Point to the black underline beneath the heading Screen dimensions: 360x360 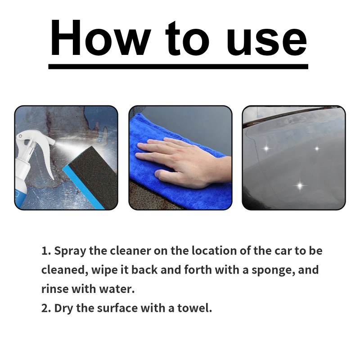coord(178,66)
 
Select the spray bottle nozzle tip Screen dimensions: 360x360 coord(53,142)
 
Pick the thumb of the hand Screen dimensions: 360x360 coord(166,173)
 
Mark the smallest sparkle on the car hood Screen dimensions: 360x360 coord(316,148)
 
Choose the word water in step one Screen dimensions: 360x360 coord(119,289)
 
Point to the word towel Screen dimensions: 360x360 coord(195,309)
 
